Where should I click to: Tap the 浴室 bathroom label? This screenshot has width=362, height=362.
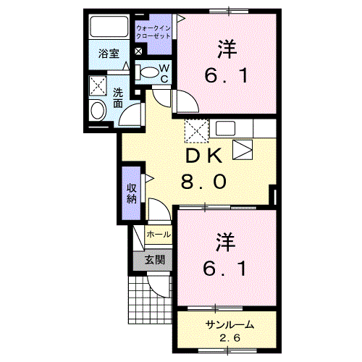(109, 53)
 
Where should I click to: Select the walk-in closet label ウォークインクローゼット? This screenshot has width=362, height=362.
(154, 31)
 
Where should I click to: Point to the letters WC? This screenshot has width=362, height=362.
(164, 73)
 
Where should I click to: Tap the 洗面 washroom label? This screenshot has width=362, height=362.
(117, 98)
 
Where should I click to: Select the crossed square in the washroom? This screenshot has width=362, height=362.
(97, 87)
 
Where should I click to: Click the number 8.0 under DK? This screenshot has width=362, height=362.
(203, 181)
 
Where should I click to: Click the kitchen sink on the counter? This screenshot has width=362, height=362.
(224, 129)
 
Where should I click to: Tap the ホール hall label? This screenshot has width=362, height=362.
(159, 235)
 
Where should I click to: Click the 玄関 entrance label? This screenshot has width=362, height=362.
(153, 259)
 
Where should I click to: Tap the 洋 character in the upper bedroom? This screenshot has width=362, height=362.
(227, 48)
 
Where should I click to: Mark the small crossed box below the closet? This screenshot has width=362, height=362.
(139, 52)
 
